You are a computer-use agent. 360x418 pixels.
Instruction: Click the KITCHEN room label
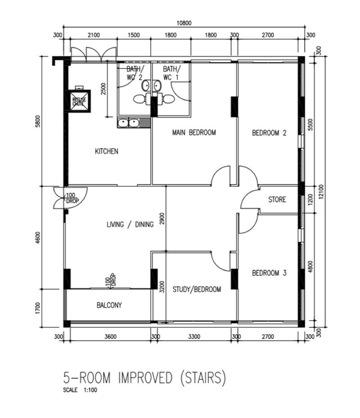pyautogui.click(x=106, y=151)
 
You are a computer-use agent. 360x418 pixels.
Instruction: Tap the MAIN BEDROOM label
pyautogui.click(x=194, y=132)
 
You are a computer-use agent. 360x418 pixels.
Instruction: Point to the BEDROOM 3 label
pyautogui.click(x=269, y=273)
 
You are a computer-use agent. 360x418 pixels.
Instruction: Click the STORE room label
pyautogui.click(x=277, y=200)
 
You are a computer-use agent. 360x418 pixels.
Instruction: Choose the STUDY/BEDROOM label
pyautogui.click(x=197, y=289)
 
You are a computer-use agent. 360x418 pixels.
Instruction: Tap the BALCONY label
pyautogui.click(x=109, y=305)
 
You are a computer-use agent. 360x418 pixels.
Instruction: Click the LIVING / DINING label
pyautogui.click(x=130, y=224)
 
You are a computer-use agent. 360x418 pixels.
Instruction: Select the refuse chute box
pyautogui.click(x=79, y=101)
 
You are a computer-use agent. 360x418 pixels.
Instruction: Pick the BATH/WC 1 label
pyautogui.click(x=171, y=73)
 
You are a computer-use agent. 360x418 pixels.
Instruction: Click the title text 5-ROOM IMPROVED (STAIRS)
pyautogui.click(x=144, y=378)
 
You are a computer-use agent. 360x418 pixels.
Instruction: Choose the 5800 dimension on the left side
pyautogui.click(x=38, y=122)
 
